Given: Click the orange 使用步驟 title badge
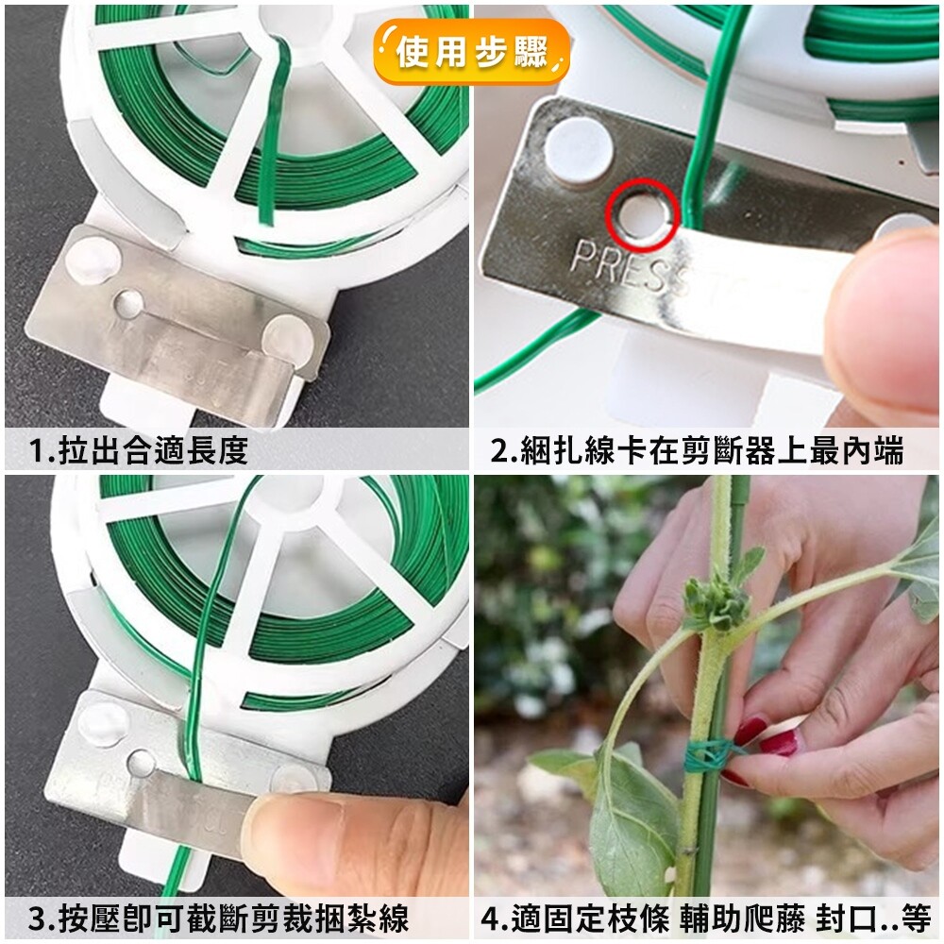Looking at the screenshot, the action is [471, 52].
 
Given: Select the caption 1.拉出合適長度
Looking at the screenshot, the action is [139, 449].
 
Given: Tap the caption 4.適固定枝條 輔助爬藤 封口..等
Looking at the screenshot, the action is [706, 919].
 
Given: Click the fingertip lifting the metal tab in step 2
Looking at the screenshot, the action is [885, 319].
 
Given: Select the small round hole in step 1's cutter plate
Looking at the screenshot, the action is [128, 304].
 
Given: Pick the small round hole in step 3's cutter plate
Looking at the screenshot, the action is [142, 764].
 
